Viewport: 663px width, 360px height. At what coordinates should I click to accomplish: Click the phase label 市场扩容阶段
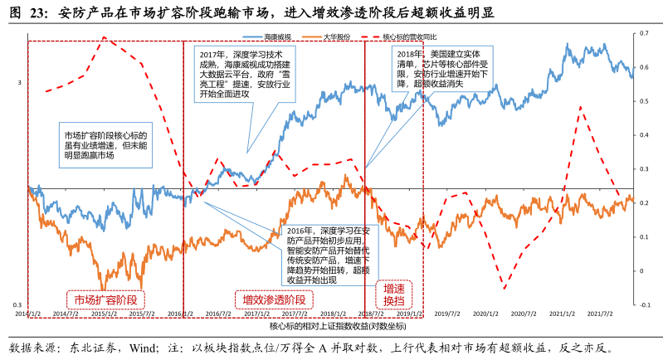[x=105, y=298]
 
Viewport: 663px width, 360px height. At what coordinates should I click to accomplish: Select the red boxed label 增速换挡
[x=393, y=294]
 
